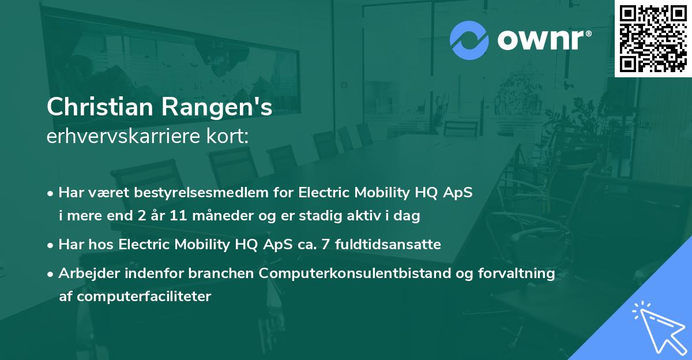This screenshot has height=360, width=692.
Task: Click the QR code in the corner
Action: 653,38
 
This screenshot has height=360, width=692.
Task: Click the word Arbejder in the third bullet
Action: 84,273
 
